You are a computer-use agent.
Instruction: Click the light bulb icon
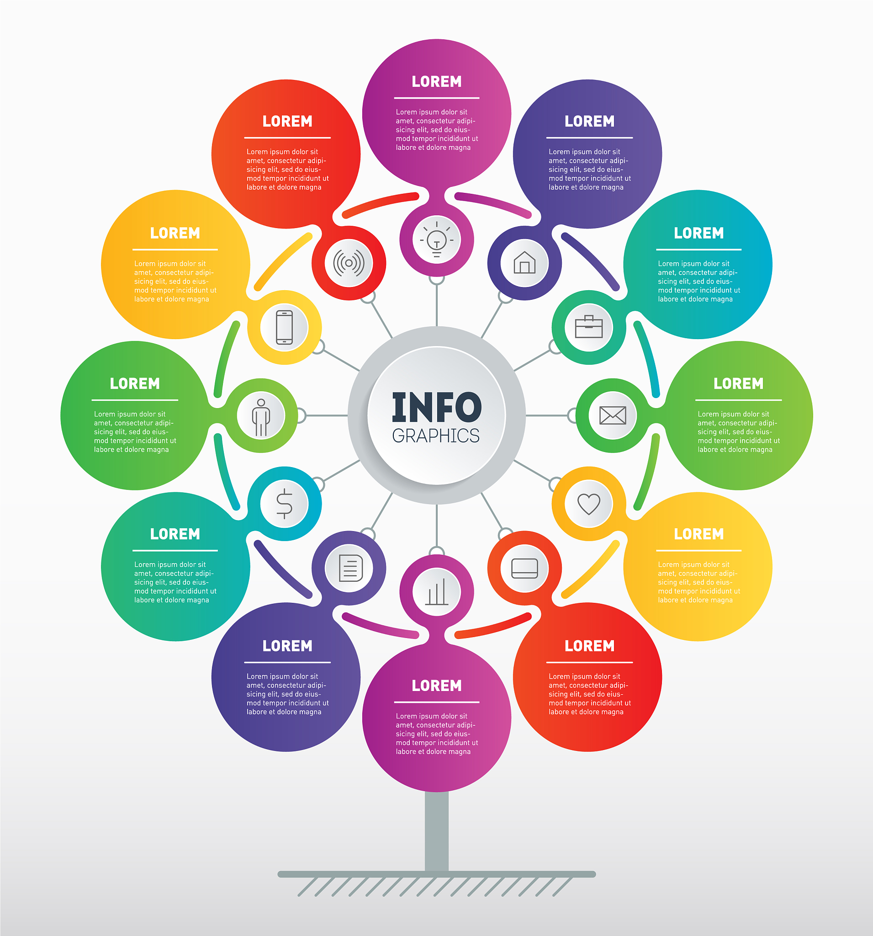coord(437,239)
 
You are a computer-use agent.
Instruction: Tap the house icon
coord(524,262)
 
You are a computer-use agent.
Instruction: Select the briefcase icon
coord(589,327)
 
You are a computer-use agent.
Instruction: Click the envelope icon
coord(612,415)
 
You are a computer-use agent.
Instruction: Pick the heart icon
coord(589,504)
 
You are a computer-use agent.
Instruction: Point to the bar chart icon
coord(437,592)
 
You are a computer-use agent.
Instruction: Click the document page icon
coord(350,568)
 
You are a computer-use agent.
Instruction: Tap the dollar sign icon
coord(284,504)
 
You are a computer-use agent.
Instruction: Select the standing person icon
coord(261,417)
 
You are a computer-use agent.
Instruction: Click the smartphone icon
coord(284,327)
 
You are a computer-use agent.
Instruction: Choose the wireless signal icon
coord(349,263)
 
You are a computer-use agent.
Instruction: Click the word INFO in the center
coord(437,407)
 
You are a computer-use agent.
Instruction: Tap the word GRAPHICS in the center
coord(436,436)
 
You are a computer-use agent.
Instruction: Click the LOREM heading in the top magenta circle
coord(437,81)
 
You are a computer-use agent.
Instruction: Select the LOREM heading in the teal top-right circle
coord(699,233)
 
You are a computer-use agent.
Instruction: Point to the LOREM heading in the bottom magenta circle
coord(437,686)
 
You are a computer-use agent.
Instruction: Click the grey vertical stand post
coord(437,831)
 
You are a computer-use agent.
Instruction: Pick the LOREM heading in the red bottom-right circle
coord(590,646)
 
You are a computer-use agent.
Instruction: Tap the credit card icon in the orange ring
coord(525,568)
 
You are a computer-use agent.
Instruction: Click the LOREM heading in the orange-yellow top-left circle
coord(175,233)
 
